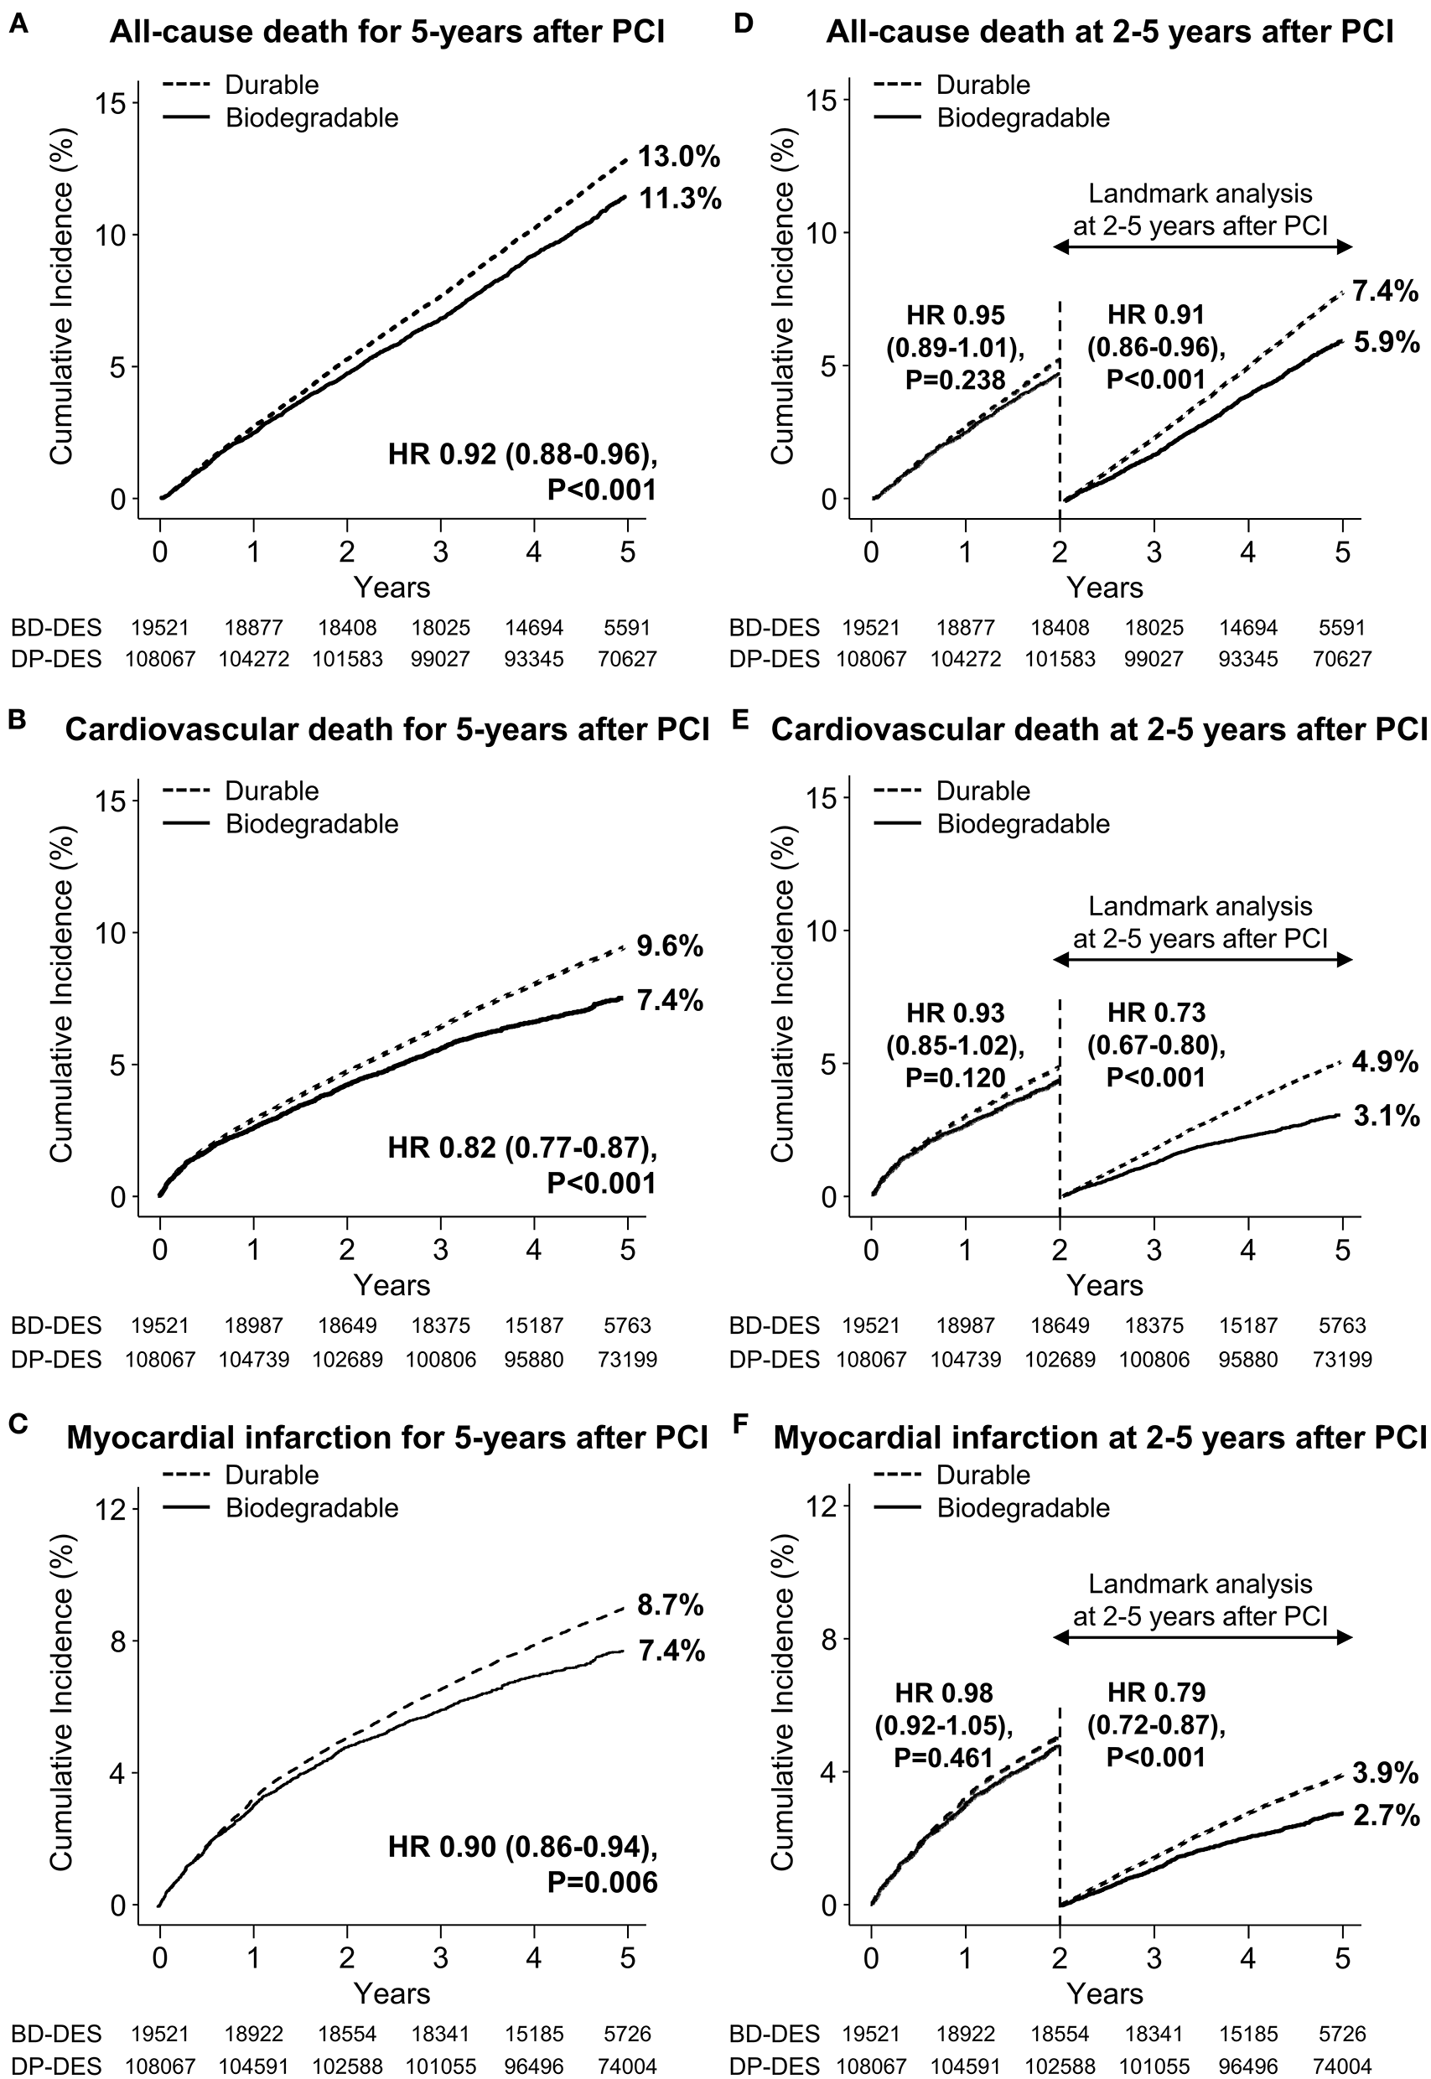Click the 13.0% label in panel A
point(679,158)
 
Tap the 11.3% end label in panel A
point(680,199)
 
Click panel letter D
point(744,25)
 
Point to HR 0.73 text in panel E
point(1156,1013)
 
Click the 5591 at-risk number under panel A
point(627,629)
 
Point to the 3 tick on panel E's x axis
point(1154,1249)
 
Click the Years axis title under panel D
point(1105,588)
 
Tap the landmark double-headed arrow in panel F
point(1201,1638)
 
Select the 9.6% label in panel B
point(670,946)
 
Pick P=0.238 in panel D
point(955,380)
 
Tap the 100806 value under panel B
point(440,1360)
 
